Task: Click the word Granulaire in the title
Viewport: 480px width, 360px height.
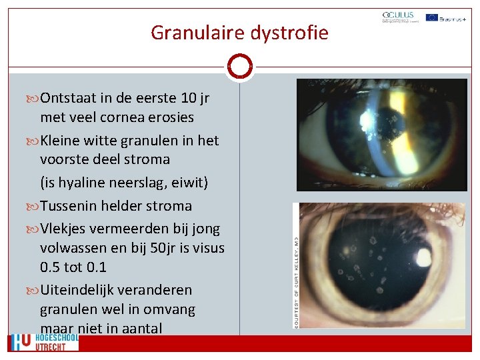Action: pos(189,32)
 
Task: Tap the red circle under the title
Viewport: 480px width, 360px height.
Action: pos(239,67)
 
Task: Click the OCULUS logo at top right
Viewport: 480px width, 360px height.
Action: pos(399,17)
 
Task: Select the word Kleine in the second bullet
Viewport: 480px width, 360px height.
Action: pos(63,141)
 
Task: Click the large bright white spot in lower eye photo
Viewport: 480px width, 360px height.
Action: pos(423,257)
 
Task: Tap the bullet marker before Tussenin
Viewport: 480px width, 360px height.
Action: pos(34,206)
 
